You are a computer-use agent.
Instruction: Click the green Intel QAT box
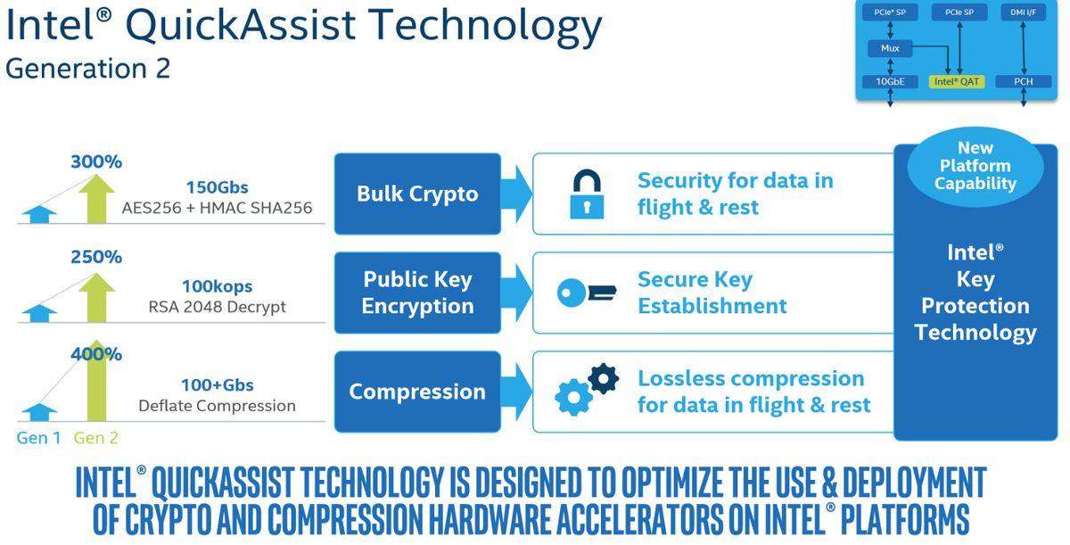(x=956, y=82)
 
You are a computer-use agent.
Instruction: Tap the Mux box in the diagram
(x=890, y=48)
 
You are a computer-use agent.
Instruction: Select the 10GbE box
(x=890, y=82)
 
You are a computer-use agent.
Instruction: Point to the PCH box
(x=1024, y=82)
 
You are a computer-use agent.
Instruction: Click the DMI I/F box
(x=1024, y=12)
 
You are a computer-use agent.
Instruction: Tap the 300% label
(x=96, y=162)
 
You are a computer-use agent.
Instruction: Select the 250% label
(x=96, y=257)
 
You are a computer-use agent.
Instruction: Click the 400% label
(x=96, y=354)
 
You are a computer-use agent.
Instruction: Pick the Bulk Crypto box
(x=417, y=194)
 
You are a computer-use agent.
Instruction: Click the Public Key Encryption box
(x=417, y=293)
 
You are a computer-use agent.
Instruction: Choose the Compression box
(x=417, y=392)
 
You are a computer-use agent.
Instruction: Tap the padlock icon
(x=587, y=194)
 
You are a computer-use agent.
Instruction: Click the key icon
(x=587, y=293)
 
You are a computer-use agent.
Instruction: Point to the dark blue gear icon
(x=604, y=379)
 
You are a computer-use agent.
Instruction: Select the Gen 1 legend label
(x=38, y=438)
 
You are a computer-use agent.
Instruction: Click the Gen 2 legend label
(x=95, y=438)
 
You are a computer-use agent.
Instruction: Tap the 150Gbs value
(x=217, y=187)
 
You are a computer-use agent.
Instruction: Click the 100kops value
(x=217, y=286)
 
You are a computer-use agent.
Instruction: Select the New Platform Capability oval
(x=975, y=166)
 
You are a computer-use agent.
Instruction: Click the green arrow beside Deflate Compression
(x=96, y=381)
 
